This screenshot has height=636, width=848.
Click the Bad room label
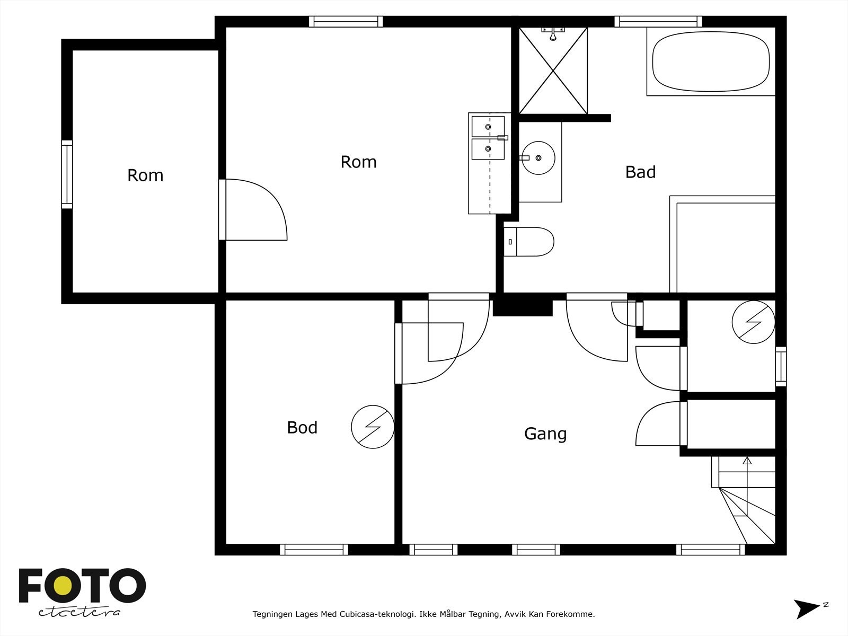click(640, 172)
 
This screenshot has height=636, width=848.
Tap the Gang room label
click(545, 434)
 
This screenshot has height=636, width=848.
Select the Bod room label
click(302, 427)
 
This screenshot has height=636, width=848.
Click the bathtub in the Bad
click(711, 61)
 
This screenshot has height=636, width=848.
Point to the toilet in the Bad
click(528, 242)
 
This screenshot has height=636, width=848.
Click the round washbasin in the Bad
click(538, 157)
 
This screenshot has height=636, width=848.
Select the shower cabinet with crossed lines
click(553, 70)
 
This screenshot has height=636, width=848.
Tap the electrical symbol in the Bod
click(373, 427)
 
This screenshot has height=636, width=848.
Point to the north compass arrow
click(806, 608)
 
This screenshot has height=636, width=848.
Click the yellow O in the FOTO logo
click(63, 586)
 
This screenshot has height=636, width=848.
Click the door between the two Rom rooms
click(253, 210)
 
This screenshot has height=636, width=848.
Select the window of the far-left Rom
click(67, 174)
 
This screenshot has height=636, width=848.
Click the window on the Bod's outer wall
click(314, 550)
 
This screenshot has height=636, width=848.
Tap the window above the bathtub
click(658, 22)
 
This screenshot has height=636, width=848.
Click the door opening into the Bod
click(429, 352)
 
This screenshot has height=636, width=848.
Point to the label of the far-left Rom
click(145, 175)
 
